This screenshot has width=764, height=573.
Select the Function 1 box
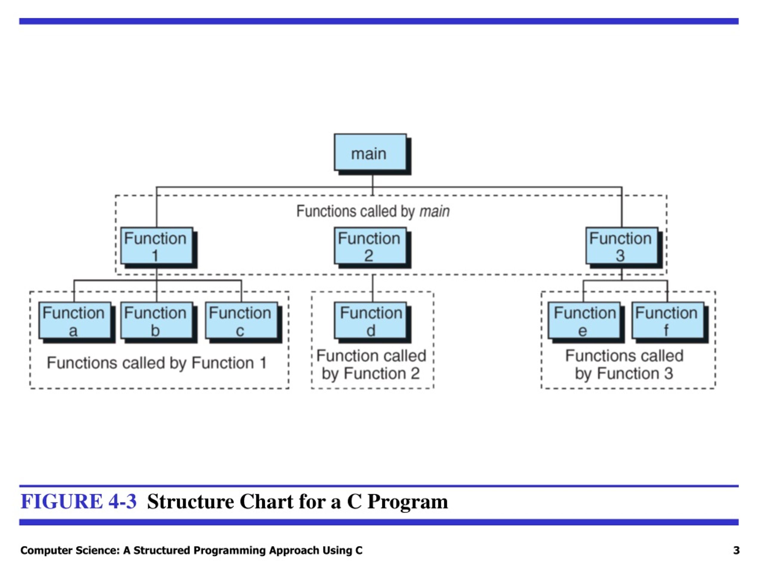156,246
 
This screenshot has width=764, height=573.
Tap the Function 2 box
370,246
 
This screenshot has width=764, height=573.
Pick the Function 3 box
622,246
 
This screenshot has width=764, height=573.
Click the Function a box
75,321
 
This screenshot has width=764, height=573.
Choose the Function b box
156,321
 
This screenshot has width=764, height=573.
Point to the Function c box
241,321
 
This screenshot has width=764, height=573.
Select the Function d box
370,321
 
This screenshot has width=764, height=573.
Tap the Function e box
584,321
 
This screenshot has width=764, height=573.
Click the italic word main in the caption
435,211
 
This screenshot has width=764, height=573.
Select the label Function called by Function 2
371,365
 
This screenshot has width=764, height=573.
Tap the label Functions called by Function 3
624,365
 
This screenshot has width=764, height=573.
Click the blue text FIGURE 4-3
79,501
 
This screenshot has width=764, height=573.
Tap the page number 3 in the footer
736,550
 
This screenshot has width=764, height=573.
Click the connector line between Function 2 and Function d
373,288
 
